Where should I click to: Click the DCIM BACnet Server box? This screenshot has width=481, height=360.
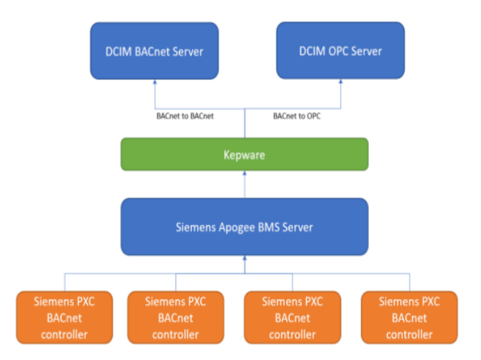[154, 50]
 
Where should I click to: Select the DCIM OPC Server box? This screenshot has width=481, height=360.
[340, 50]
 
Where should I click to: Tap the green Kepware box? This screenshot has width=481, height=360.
[245, 154]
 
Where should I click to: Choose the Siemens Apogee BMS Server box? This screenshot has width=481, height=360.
[245, 226]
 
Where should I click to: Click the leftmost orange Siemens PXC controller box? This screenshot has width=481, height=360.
[66, 317]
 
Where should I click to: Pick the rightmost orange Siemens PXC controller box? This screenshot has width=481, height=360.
[410, 317]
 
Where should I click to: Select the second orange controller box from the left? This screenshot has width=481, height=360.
[176, 317]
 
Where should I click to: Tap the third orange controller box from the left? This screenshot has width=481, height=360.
[292, 317]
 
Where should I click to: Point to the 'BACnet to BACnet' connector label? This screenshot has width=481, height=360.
[185, 116]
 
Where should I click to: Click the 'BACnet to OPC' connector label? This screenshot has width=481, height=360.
[297, 116]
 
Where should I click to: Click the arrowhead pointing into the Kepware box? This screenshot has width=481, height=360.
[245, 173]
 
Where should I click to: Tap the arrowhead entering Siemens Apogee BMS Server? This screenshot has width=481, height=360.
[245, 258]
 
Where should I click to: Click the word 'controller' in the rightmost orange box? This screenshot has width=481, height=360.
[410, 334]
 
